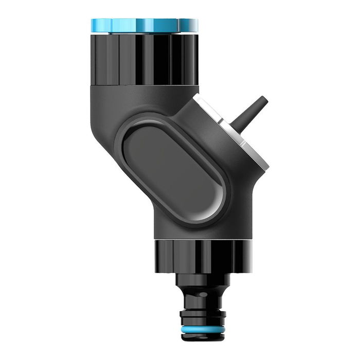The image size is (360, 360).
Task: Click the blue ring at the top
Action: coord(144,25)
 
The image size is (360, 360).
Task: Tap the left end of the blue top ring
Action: coord(94,25)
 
